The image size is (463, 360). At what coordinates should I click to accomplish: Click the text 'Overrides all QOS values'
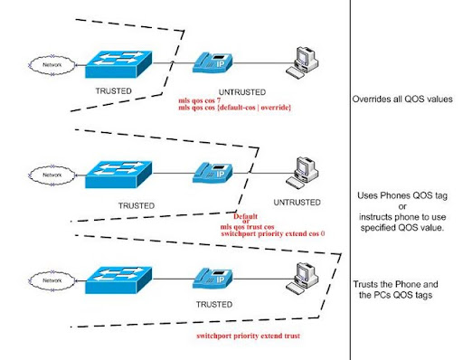click(404, 101)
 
